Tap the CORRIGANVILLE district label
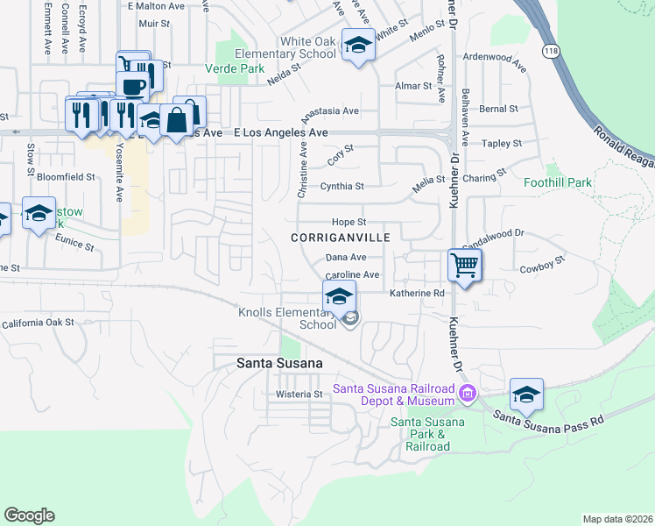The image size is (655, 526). coord(347,238)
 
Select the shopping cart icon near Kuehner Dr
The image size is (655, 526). coord(464,263)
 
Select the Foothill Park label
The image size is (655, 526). coord(558,183)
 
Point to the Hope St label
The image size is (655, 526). coord(348,223)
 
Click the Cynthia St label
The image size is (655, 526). coord(342,186)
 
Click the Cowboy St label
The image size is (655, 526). coord(539,270)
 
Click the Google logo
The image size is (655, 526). coord(29,515)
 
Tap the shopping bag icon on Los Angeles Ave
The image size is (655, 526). coord(177,118)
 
